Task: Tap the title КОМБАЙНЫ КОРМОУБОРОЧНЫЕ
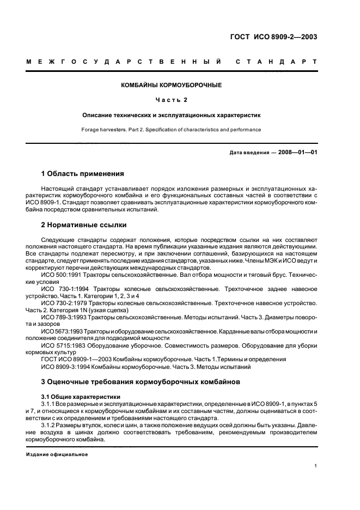click(172, 85)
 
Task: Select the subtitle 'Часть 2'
click(172, 100)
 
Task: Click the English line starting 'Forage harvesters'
click(172, 130)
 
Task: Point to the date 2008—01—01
click(298, 152)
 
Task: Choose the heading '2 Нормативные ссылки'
click(84, 224)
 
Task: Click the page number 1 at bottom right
click(316, 465)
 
